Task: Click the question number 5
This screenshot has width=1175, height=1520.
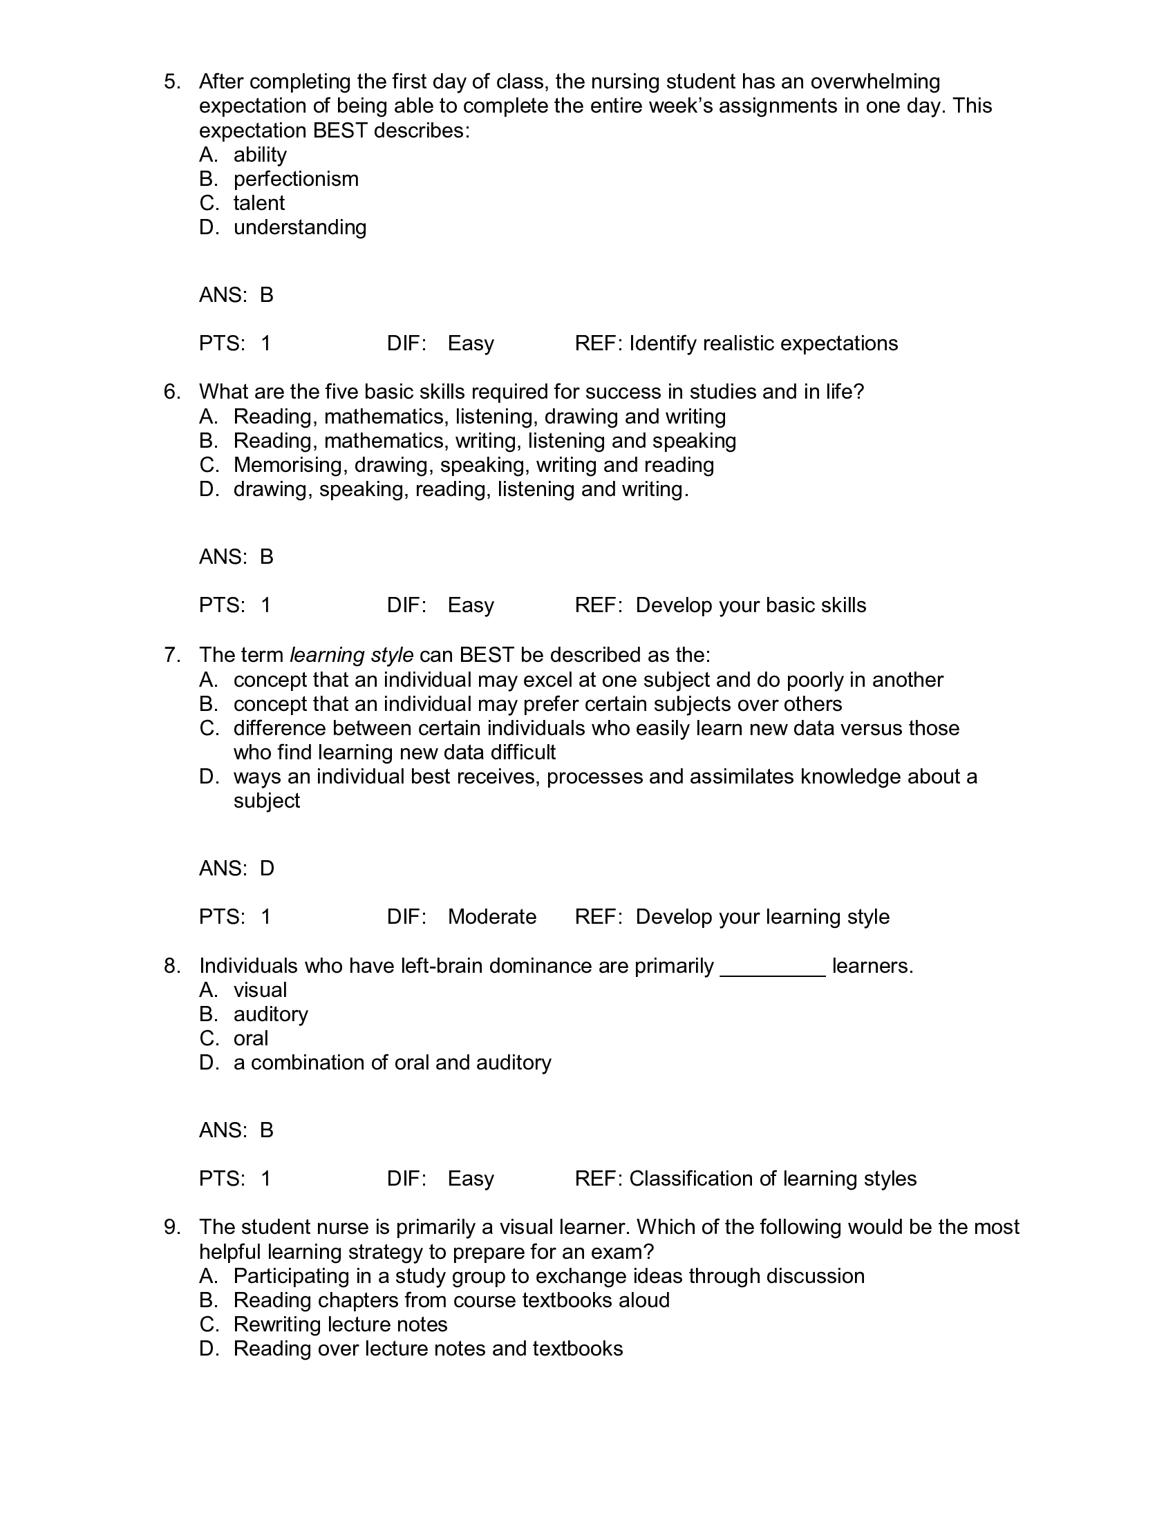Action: pyautogui.click(x=172, y=82)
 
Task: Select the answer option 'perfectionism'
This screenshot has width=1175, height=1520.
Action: pyautogui.click(x=296, y=179)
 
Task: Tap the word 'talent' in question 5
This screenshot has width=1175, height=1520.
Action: pyautogui.click(x=259, y=203)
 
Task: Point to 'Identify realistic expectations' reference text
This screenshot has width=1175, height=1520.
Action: pyautogui.click(x=764, y=344)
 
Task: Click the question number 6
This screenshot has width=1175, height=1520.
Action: pyautogui.click(x=172, y=392)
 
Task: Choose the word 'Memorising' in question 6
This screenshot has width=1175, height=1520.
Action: pyautogui.click(x=291, y=465)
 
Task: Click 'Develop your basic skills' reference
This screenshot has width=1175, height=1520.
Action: pyautogui.click(x=751, y=605)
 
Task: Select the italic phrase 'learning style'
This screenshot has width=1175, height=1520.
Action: pyautogui.click(x=352, y=655)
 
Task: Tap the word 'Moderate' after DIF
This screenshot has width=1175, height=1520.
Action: pyautogui.click(x=491, y=917)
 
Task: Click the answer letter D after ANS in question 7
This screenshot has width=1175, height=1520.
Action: pyautogui.click(x=267, y=868)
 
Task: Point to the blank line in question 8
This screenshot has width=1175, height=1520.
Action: pyautogui.click(x=773, y=967)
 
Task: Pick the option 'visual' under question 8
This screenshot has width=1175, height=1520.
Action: pyautogui.click(x=260, y=990)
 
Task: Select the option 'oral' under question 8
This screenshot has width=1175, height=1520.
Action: pyautogui.click(x=251, y=1038)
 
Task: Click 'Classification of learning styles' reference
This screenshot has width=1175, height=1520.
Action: pyautogui.click(x=773, y=1179)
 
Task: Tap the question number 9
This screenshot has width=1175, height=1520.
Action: pyautogui.click(x=172, y=1227)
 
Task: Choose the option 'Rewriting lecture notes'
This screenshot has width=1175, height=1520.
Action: pyautogui.click(x=340, y=1324)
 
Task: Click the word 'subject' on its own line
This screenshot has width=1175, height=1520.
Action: pyautogui.click(x=267, y=801)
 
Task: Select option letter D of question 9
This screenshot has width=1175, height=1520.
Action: pyautogui.click(x=208, y=1349)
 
